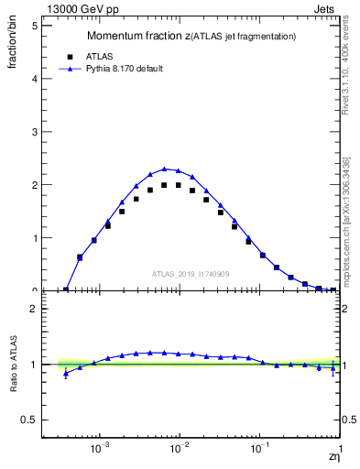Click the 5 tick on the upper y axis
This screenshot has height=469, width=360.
tap(38, 26)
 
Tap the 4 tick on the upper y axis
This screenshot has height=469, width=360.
tap(38, 79)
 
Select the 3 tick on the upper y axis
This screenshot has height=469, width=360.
tap(38, 132)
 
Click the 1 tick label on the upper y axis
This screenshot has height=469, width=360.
tap(38, 238)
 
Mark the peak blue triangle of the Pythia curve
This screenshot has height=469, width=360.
tap(164, 169)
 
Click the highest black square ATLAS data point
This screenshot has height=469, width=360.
tap(164, 185)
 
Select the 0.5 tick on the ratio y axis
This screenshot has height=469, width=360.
tap(34, 420)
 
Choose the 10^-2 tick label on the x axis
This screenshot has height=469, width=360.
tap(180, 451)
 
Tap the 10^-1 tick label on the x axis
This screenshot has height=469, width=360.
tap(259, 451)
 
